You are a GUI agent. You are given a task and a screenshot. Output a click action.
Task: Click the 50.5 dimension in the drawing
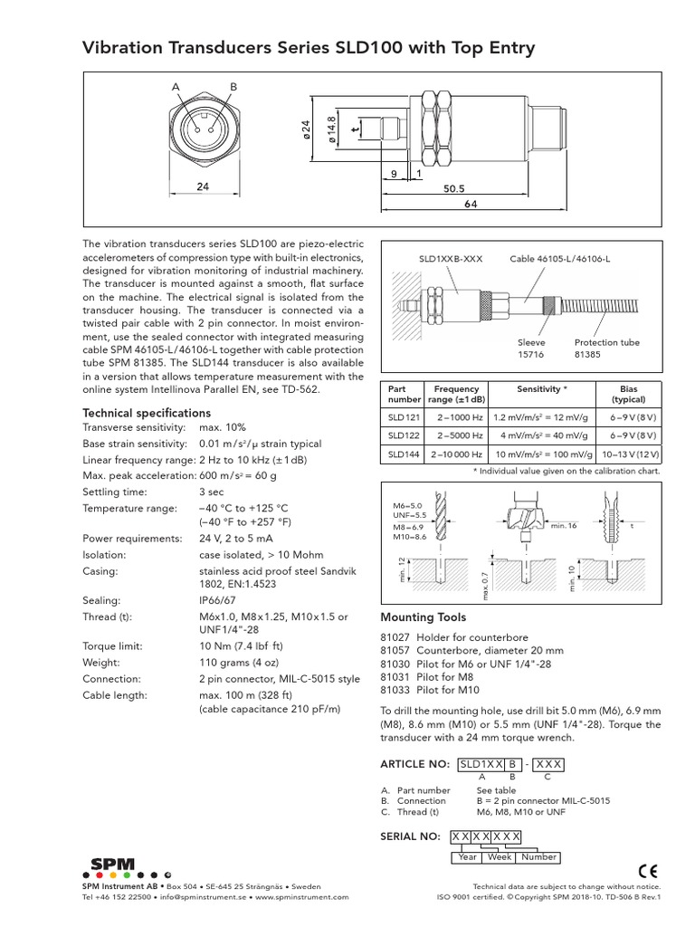point(453,189)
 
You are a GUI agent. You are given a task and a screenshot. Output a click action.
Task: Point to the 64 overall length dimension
point(471,205)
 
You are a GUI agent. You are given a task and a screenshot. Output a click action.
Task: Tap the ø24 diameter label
point(306,131)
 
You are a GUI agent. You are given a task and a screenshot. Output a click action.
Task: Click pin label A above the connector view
point(176,87)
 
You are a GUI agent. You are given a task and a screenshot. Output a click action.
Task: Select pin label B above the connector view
point(233,87)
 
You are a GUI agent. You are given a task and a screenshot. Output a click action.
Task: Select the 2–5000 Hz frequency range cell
point(455,436)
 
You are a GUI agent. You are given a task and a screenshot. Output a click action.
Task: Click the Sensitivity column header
point(542,388)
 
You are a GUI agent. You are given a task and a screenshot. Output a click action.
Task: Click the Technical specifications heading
point(147,413)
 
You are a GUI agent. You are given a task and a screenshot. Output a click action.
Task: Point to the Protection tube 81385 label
point(607,349)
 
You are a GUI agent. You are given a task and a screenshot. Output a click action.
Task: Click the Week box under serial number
point(500,856)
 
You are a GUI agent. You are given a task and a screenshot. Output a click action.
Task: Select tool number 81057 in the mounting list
point(395,651)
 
